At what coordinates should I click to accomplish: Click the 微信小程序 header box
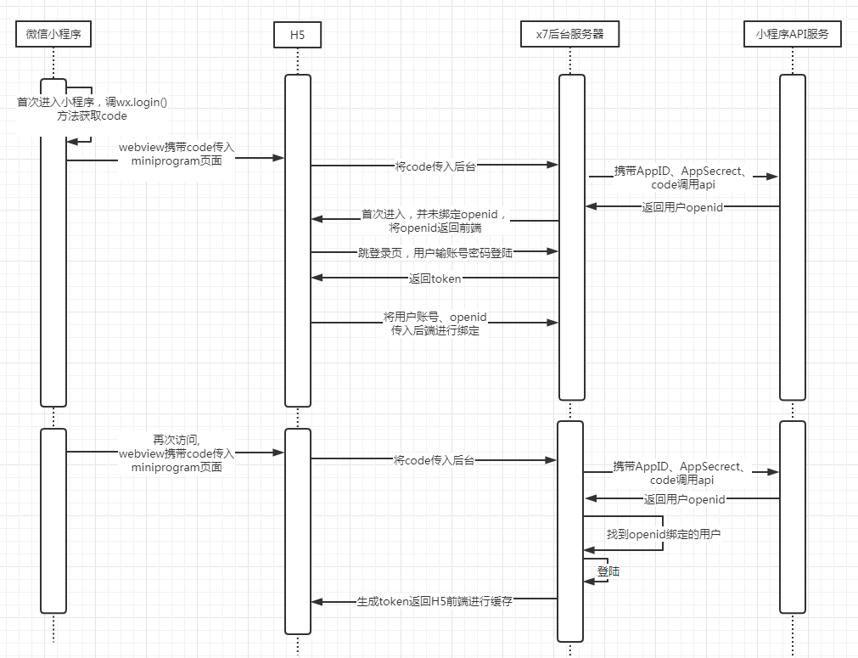[53, 34]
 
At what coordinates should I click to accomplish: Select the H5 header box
[298, 34]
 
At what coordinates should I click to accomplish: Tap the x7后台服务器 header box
[570, 34]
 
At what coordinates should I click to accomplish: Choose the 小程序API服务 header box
[791, 34]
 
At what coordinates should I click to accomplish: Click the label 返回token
[435, 278]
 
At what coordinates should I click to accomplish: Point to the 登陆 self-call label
[608, 571]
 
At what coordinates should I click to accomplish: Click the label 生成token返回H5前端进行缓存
[434, 601]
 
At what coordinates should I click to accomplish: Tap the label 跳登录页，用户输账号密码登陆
[435, 252]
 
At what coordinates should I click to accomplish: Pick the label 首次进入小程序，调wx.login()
[93, 102]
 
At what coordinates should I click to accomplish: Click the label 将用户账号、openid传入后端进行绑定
[435, 323]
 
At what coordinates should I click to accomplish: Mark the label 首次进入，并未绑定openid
[435, 215]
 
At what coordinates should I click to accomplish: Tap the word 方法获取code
[93, 116]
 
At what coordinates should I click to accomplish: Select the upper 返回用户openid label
[682, 206]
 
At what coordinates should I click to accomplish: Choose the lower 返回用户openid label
[684, 499]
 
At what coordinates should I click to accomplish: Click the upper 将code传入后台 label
[435, 166]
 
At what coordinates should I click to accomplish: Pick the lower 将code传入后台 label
[434, 460]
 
